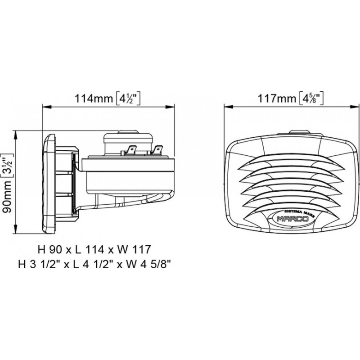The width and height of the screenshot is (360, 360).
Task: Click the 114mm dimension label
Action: [94, 99]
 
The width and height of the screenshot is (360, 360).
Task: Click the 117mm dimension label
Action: [277, 99]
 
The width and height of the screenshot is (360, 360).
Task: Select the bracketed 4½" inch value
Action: [127, 99]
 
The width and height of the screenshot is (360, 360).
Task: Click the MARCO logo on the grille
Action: [292, 219]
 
